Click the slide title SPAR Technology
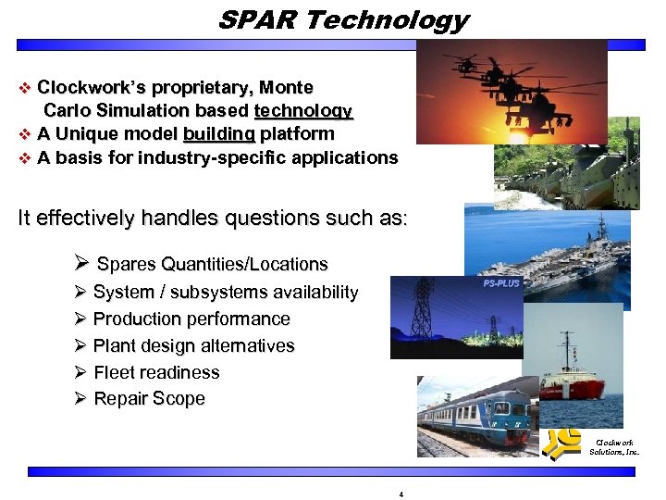coord(343,19)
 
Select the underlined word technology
coord(303,111)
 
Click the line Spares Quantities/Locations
coord(212,265)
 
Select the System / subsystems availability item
coord(225,293)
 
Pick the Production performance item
coord(191,319)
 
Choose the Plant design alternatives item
coord(193,346)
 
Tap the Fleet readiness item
coord(156,373)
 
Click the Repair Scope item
coord(149,399)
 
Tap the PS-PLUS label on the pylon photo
coord(501,283)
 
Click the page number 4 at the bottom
coord(401,494)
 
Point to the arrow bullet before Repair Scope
coord(80,399)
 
